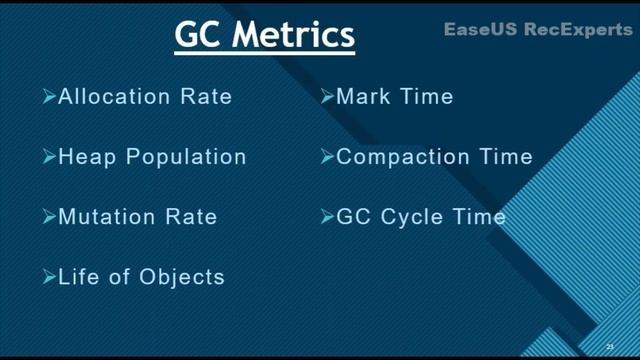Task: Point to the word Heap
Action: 85,157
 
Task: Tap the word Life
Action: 78,276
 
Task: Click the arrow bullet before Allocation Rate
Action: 49,97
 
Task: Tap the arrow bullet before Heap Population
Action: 49,157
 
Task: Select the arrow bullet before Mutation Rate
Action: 49,216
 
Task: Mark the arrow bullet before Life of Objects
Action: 49,276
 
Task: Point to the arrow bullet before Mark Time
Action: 327,97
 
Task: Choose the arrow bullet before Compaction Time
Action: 327,157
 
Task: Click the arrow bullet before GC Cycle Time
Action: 327,216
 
